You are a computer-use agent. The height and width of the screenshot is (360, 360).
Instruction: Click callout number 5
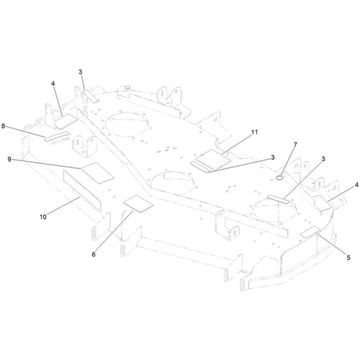tap(348, 258)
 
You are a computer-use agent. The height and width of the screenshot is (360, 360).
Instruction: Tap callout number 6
tap(93, 255)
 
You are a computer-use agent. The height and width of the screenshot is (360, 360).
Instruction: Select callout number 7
tap(295, 145)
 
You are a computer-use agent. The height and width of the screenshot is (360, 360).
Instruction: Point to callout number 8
tap(3, 126)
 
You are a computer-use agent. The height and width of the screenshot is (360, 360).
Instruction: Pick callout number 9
tap(10, 159)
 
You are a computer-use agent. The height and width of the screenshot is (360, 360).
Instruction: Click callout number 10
tap(43, 217)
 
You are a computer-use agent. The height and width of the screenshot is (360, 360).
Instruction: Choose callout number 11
tap(255, 132)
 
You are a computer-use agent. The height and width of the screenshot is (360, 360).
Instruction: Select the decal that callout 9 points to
tap(98, 173)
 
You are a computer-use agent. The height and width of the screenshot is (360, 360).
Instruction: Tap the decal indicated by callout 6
tap(138, 204)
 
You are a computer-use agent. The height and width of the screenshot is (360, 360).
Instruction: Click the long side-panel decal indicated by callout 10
tap(82, 190)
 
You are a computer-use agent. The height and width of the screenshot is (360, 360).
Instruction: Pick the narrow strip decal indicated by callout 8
tap(57, 136)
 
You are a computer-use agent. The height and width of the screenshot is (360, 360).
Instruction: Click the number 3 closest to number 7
tap(323, 159)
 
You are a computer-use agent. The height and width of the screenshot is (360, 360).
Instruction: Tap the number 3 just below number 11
tap(273, 157)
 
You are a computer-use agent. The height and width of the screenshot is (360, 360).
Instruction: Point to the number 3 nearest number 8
tap(80, 72)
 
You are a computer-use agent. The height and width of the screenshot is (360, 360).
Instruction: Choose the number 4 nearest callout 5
tap(356, 184)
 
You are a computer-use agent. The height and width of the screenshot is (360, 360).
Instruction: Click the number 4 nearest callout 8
tap(53, 84)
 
